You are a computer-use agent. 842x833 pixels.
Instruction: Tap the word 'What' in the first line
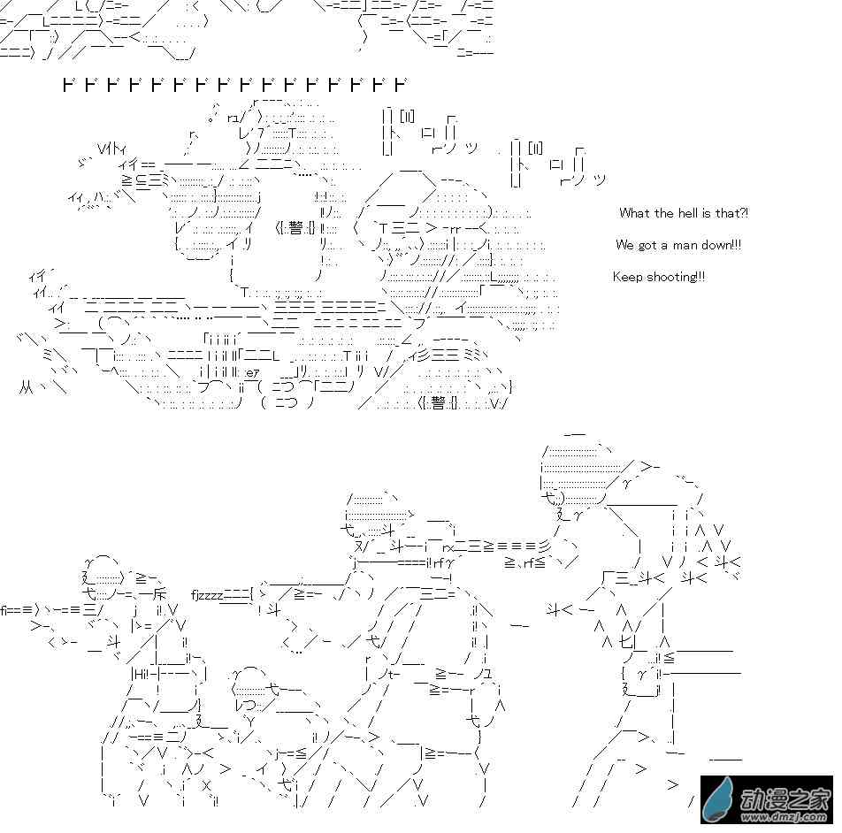pyautogui.click(x=634, y=213)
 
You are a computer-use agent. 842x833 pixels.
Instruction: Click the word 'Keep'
pyautogui.click(x=627, y=277)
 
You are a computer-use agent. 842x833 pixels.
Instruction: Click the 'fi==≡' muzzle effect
pyautogui.click(x=17, y=608)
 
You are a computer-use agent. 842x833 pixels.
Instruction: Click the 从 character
pyautogui.click(x=27, y=386)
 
